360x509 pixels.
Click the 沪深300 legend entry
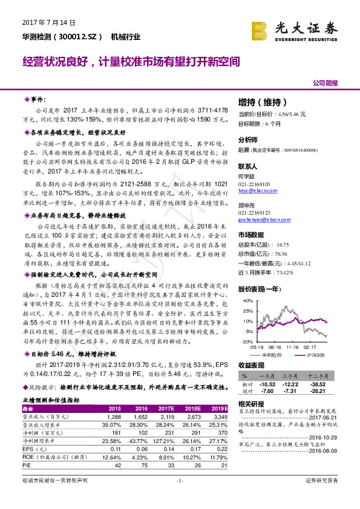[x=315, y=355]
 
